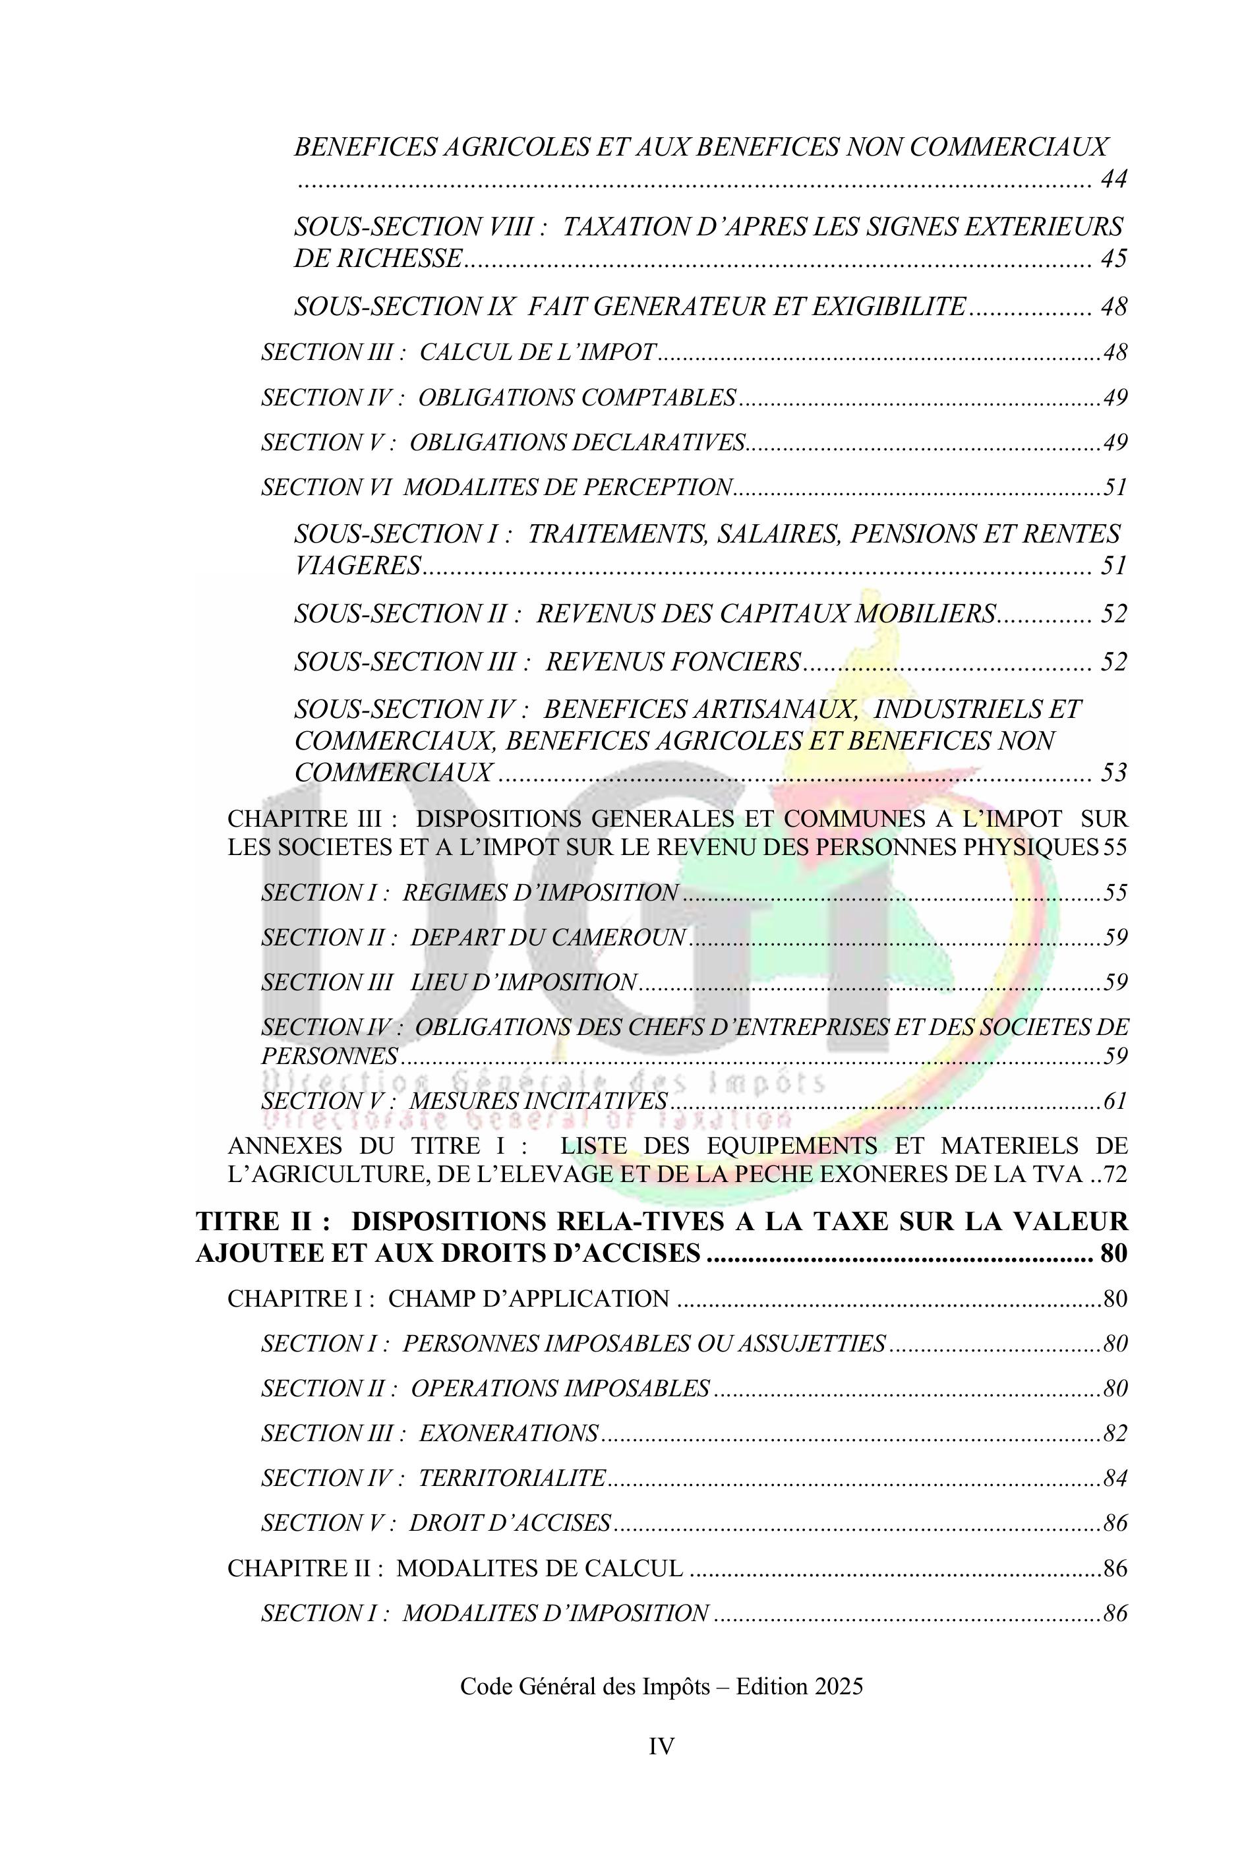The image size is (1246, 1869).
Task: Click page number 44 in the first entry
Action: [1114, 179]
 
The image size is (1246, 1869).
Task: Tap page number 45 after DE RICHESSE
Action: [1114, 259]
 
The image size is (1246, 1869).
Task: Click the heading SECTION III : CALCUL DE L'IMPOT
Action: [458, 352]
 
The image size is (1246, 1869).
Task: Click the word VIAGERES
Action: [357, 566]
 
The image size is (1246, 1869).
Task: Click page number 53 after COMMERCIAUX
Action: [1114, 773]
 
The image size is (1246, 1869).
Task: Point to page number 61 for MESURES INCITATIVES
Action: [1115, 1102]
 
